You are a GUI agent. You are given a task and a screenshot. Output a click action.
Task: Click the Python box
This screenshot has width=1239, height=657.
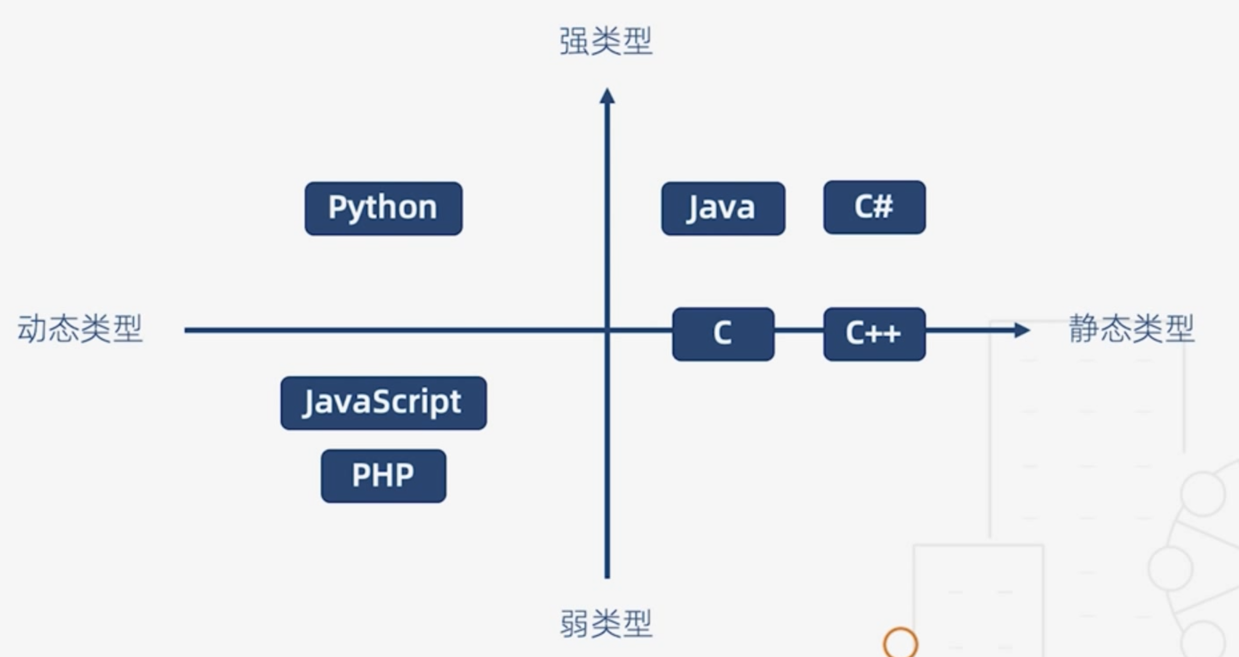pos(383,208)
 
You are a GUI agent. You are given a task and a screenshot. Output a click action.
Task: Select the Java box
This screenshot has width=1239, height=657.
pos(723,208)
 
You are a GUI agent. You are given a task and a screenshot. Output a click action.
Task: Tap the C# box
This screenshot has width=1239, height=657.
pos(874,207)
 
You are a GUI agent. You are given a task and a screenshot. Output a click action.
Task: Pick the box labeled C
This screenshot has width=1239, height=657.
pos(723,334)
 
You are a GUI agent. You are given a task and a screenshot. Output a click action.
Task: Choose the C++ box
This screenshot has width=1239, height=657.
pos(874,334)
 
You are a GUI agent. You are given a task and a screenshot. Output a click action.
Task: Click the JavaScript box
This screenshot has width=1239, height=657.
pos(383,403)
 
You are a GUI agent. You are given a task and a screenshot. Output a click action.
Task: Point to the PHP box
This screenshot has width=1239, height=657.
pos(383,476)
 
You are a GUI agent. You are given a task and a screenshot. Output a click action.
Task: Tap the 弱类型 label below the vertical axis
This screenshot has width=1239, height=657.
pos(606,623)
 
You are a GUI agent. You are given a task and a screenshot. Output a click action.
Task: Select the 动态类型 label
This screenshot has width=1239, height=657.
pos(80,329)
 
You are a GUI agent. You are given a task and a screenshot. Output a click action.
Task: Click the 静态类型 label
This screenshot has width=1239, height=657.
pos(1131,329)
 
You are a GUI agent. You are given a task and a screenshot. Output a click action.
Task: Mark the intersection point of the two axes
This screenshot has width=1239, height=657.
pos(607,330)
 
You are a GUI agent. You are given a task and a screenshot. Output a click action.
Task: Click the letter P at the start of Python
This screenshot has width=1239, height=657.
pos(337,207)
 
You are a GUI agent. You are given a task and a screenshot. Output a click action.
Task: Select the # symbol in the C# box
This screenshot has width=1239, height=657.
pos(884,207)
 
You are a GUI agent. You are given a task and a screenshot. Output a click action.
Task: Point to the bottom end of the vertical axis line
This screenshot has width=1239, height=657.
pos(607,576)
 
